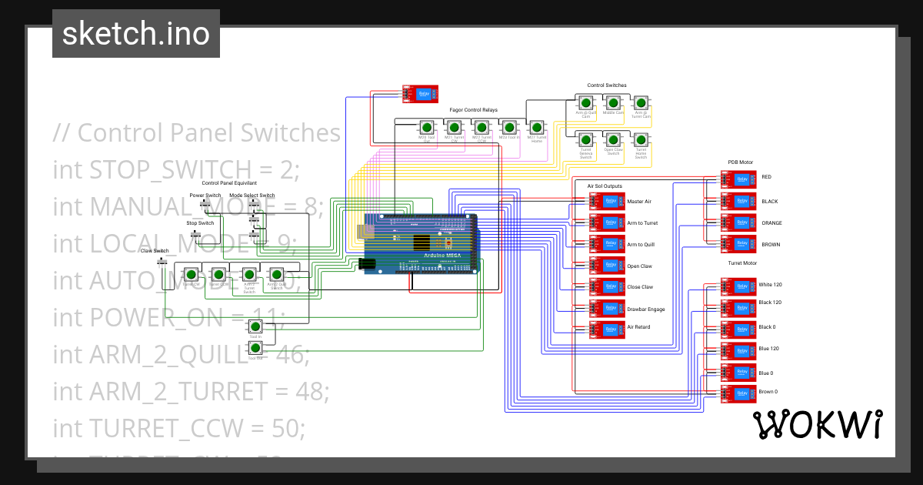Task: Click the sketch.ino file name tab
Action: click(x=136, y=35)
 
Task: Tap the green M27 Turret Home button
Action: click(x=537, y=127)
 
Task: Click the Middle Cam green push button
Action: click(x=613, y=102)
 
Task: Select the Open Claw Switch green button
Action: click(x=613, y=140)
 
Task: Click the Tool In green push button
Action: click(x=255, y=326)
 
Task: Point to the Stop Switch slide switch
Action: click(x=195, y=232)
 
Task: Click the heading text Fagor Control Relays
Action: click(x=473, y=110)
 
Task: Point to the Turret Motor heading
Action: click(x=742, y=263)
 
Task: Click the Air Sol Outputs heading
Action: click(x=605, y=186)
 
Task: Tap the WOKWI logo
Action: click(x=817, y=424)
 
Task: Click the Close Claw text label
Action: click(x=640, y=287)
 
